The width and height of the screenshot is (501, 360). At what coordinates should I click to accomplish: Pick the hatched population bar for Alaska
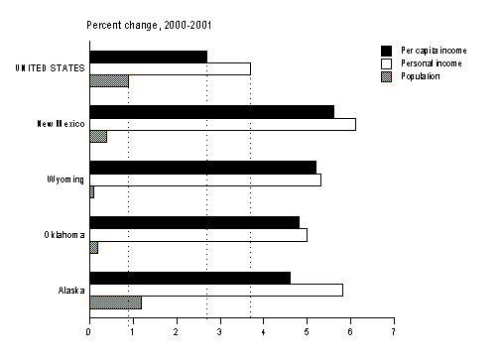[115, 302]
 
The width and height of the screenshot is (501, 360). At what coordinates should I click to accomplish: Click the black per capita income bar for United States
[148, 56]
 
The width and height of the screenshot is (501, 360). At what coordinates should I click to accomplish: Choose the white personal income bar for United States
[170, 68]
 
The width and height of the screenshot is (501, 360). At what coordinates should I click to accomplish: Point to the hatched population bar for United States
[109, 81]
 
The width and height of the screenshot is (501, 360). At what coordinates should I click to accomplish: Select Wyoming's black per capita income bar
[202, 167]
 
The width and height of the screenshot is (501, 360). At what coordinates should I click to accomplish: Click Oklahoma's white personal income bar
[198, 235]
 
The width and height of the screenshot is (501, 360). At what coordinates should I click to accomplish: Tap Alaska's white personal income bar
[216, 290]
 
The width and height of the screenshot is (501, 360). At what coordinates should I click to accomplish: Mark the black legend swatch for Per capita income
[385, 50]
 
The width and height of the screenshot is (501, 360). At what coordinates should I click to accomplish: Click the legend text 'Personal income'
[432, 62]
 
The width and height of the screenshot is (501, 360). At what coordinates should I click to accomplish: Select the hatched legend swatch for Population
[385, 75]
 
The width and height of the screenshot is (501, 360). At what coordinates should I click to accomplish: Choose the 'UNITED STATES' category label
[49, 68]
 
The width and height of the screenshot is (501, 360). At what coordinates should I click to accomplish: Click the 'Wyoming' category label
[64, 180]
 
